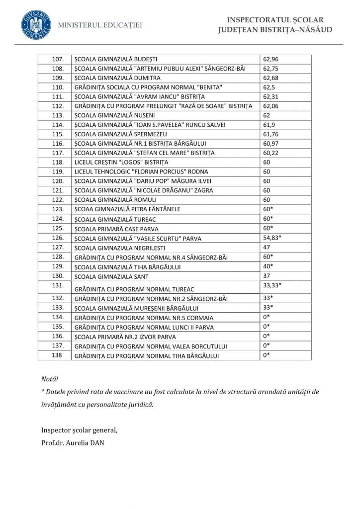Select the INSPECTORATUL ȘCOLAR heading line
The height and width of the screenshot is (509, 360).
(x=275, y=20)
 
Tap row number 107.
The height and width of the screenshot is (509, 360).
(x=58, y=59)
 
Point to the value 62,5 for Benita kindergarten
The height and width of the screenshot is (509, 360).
(x=269, y=87)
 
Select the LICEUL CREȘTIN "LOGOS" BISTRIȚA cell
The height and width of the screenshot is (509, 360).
(x=121, y=163)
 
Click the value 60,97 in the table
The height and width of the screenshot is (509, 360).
(x=271, y=144)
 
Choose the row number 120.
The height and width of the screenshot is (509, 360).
(x=58, y=181)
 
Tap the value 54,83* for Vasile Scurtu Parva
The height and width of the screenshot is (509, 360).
(x=272, y=238)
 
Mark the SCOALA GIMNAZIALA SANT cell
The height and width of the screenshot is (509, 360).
(x=111, y=276)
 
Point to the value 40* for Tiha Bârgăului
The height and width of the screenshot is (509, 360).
(x=269, y=266)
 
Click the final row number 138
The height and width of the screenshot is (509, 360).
(x=58, y=355)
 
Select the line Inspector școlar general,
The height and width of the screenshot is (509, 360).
(x=80, y=429)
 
